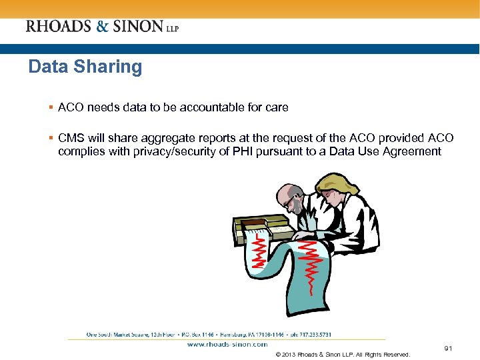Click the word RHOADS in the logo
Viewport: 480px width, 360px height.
pos(57,27)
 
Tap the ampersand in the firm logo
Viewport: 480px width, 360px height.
pos(102,27)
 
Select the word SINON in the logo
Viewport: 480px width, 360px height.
pos(137,27)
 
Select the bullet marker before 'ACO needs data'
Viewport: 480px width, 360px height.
pos(51,107)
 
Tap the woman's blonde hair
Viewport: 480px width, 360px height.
pos(334,183)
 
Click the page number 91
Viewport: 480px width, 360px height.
pos(448,348)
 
